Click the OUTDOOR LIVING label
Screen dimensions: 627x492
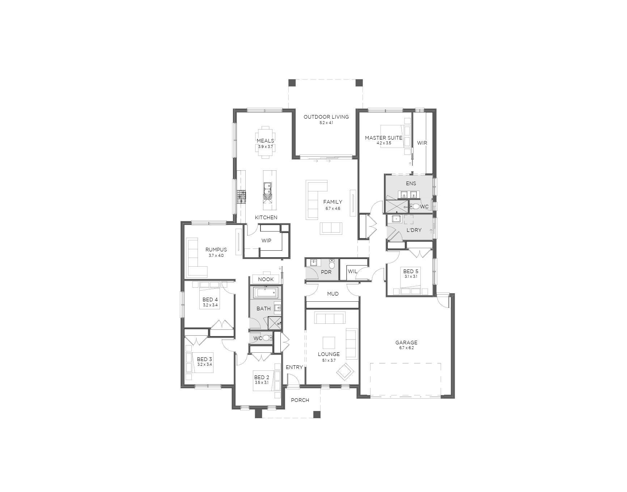pos(326,117)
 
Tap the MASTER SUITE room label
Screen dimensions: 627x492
pos(383,137)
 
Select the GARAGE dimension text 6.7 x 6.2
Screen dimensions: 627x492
pos(406,348)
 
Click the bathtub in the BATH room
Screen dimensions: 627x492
pos(266,292)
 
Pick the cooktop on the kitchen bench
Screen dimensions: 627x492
pos(241,197)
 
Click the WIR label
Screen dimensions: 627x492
pos(422,143)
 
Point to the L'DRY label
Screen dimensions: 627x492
pos(414,230)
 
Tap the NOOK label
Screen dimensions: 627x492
pos(266,280)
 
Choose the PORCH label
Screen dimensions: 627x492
pos(300,400)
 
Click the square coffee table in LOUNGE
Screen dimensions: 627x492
pos(329,343)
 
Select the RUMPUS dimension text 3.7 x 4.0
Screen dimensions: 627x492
pos(216,255)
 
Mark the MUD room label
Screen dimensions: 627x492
pos(333,294)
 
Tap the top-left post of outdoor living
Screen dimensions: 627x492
pos(292,83)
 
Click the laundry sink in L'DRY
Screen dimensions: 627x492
pos(396,219)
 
